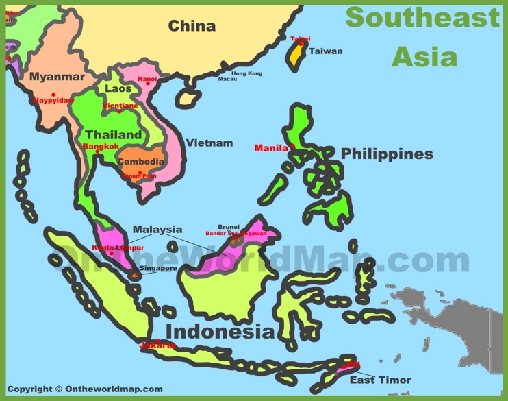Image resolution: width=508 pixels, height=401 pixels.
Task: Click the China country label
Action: [x=192, y=27]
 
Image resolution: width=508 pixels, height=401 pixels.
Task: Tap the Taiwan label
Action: [x=325, y=51]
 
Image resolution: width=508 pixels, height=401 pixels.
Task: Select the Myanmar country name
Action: [x=57, y=77]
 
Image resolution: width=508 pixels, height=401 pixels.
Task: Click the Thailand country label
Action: [x=113, y=135]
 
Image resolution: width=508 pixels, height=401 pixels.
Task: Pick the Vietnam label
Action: [x=209, y=143]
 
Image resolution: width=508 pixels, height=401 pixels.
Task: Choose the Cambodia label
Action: [x=141, y=162]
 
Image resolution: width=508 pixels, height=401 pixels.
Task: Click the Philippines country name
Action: [x=387, y=154]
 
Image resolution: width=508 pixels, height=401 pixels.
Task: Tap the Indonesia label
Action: [x=220, y=332]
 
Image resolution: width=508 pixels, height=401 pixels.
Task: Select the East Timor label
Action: [x=380, y=380]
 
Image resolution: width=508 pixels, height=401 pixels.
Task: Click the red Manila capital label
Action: [x=271, y=148]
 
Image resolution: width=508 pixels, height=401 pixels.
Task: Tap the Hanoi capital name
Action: [x=147, y=80]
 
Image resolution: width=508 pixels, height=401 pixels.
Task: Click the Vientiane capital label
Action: [x=120, y=106]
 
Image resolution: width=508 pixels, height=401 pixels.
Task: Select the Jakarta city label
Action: [x=157, y=345]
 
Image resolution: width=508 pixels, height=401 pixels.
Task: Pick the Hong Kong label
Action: [x=246, y=73]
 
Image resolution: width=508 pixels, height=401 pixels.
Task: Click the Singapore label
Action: [x=158, y=268]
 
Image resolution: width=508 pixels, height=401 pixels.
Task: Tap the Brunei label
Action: [x=229, y=226]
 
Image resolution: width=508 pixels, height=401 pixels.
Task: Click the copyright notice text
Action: [x=85, y=389]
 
